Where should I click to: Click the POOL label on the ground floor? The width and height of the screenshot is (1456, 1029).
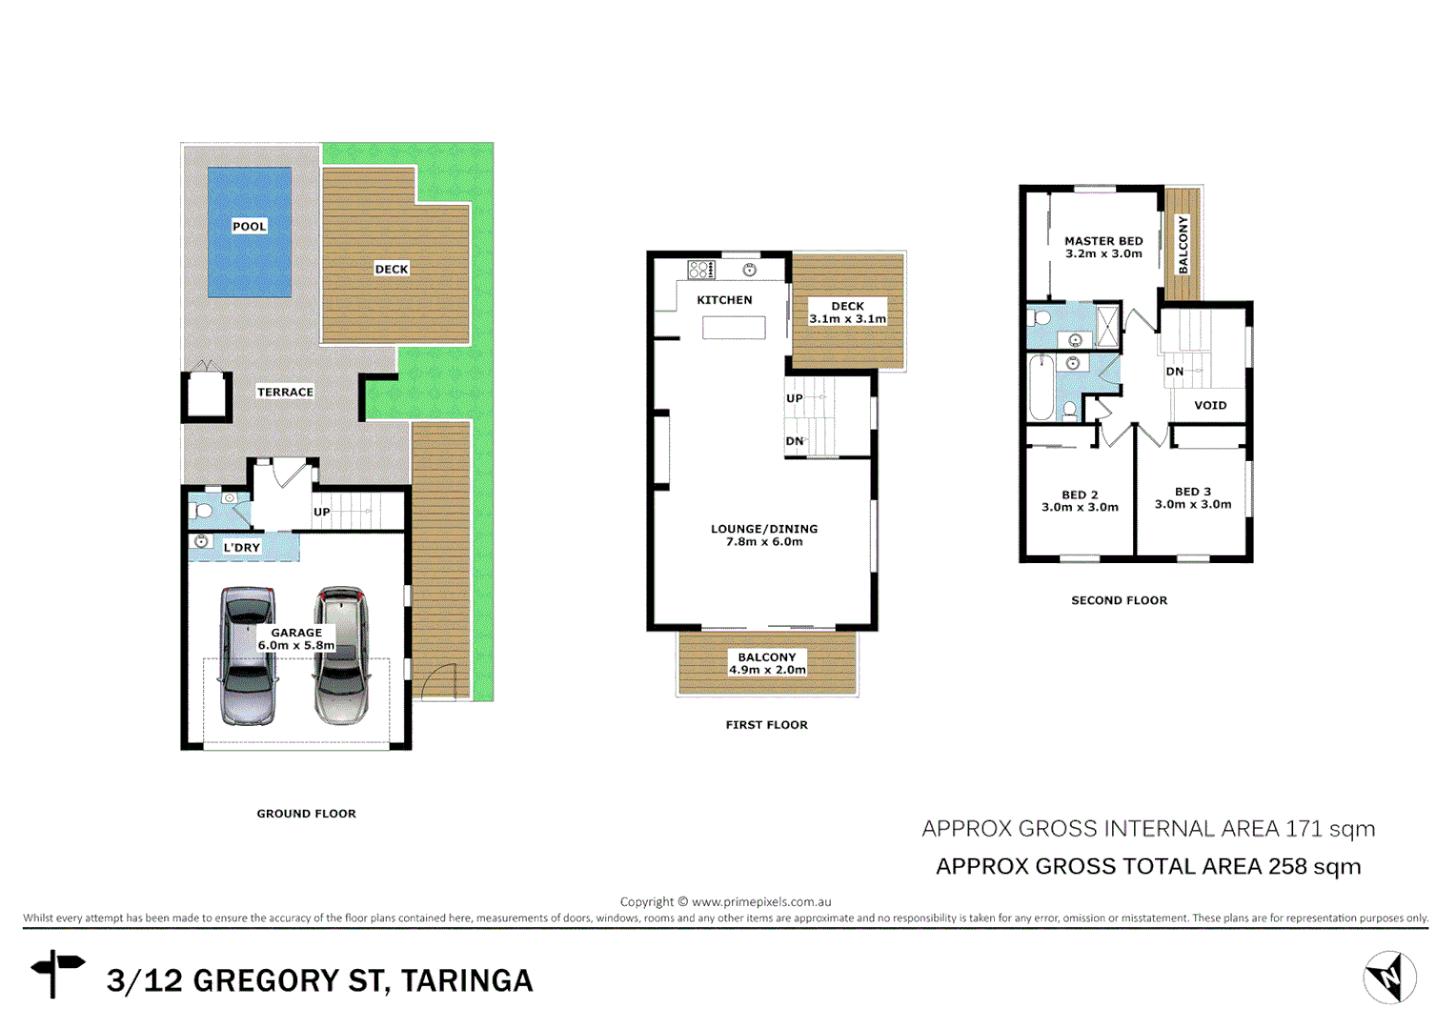click(250, 226)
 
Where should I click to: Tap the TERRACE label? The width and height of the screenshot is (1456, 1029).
click(285, 392)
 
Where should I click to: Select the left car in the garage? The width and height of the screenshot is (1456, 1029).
click(248, 655)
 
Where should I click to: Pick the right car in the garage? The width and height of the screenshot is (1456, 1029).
click(342, 655)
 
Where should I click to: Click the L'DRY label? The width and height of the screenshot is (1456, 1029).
click(241, 547)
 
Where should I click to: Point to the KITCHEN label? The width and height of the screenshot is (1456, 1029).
click(724, 299)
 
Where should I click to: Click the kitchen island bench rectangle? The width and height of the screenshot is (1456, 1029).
click(734, 328)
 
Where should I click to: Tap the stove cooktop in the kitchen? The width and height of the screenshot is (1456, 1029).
click(701, 270)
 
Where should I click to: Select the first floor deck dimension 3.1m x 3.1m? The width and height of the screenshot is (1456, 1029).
click(847, 318)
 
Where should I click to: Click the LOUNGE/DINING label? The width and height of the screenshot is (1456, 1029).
click(764, 529)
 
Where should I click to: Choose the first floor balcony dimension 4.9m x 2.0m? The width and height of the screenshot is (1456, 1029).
click(767, 670)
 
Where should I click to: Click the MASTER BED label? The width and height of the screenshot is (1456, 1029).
click(1103, 241)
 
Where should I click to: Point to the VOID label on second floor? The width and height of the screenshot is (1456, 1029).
click(1210, 405)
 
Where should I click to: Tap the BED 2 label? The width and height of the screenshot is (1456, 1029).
click(1080, 494)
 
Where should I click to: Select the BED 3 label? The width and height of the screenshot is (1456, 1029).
click(1193, 492)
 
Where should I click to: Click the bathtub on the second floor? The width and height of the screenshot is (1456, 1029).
click(1041, 388)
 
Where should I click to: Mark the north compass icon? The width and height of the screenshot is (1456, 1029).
click(1389, 977)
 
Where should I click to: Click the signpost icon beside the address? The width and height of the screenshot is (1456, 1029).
click(57, 973)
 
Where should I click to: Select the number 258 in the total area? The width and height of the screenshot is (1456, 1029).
click(1286, 866)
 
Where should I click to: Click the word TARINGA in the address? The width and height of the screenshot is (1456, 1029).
click(466, 980)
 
